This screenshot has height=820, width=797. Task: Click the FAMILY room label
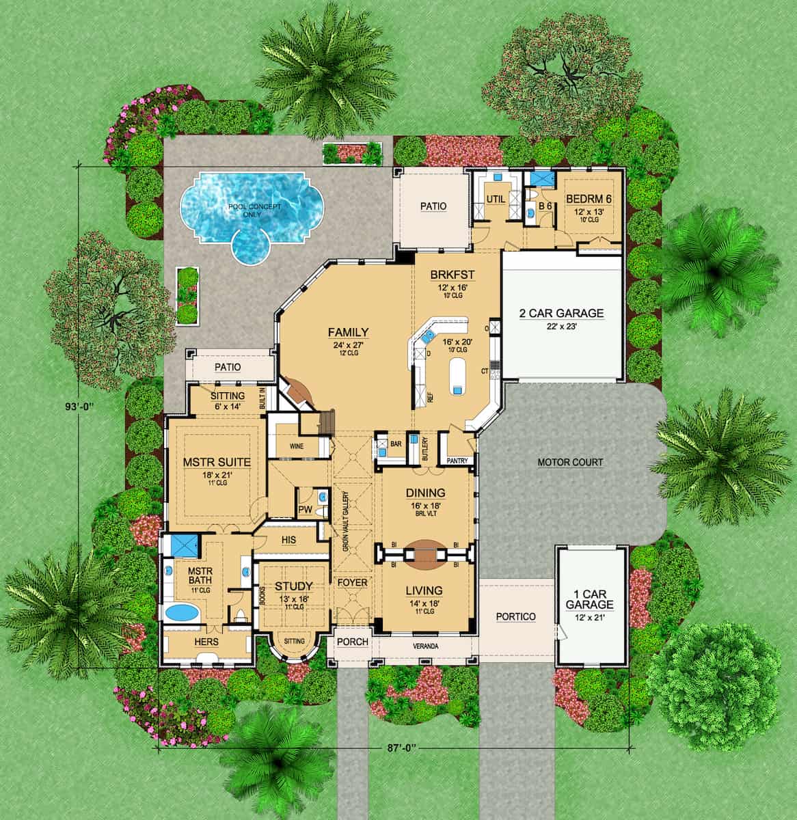coord(348,333)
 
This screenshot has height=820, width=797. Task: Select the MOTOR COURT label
coord(570,463)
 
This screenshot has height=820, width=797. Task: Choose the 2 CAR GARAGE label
coord(561,314)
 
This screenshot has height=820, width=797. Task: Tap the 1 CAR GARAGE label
coord(589,599)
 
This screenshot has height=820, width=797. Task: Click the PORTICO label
coord(515,616)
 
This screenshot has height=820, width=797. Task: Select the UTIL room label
coord(494,198)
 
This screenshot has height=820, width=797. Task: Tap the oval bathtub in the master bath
coord(180,612)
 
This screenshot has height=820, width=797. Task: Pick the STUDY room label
coord(294,586)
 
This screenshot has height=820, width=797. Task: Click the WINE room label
coord(297,446)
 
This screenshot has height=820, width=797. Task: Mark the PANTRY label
coord(457,461)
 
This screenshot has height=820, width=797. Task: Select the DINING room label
coord(425,493)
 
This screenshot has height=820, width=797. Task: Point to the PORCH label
coord(352,642)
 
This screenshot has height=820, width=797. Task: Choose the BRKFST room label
coord(452,275)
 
